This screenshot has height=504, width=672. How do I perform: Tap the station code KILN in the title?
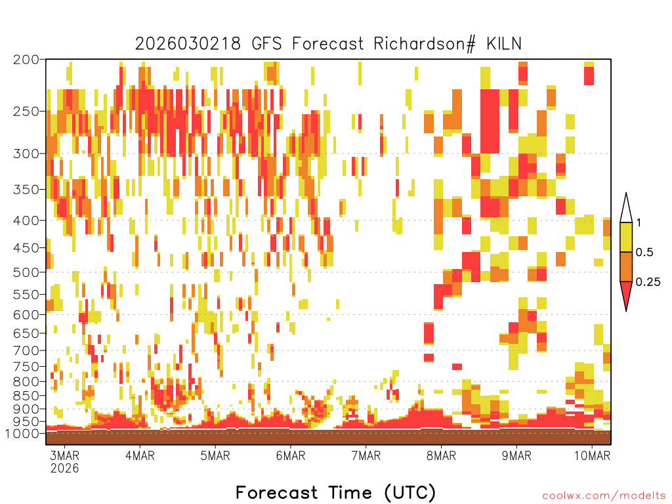503,44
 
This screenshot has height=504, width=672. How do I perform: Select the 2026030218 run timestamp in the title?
188,44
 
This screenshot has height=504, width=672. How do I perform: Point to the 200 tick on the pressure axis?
26,60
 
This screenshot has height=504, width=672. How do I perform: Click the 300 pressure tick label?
26,154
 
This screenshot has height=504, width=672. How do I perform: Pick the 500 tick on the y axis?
26,272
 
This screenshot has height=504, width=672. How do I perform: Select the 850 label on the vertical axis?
26,396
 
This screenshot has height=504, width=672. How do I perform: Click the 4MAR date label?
140,455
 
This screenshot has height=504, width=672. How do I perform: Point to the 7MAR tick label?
366,455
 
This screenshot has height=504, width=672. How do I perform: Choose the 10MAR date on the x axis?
592,455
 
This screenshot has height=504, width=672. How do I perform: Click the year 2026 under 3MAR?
65,468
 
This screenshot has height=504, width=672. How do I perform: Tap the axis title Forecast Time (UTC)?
335,493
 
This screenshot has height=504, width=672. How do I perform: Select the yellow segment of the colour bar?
626,237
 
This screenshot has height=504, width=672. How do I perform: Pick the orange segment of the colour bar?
626,266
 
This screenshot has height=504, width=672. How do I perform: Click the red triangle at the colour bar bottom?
626,293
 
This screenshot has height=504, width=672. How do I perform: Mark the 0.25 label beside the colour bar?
648,282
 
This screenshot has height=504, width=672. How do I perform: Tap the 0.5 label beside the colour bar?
644,252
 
